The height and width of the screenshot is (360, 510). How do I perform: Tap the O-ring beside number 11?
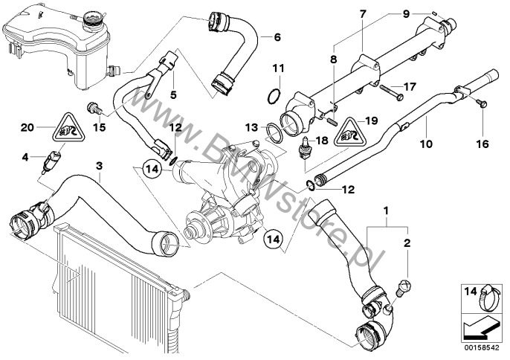274,96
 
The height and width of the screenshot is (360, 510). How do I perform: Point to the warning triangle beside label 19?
347,132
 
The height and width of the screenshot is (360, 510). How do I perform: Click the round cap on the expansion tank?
95,16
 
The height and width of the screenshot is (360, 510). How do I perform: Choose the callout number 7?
362,13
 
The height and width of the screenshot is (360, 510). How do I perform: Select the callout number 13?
251,128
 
